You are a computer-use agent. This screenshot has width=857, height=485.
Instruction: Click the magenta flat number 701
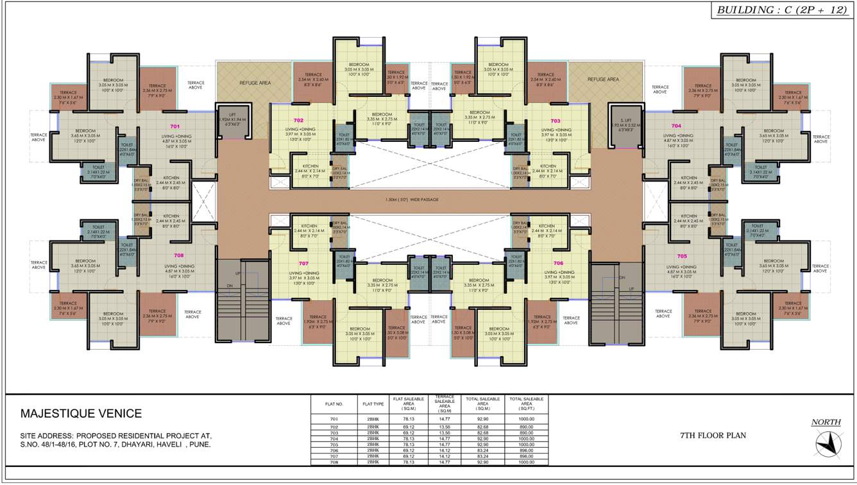pos(175,126)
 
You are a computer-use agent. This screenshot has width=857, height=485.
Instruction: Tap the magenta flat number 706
pos(558,263)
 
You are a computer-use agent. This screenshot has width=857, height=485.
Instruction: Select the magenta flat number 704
pos(676,126)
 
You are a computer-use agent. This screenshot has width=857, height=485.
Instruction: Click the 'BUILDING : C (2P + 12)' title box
pos(782,10)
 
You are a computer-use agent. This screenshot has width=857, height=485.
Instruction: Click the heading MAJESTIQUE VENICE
pos(81,414)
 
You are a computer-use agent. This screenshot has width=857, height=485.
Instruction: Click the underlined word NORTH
pos(826,422)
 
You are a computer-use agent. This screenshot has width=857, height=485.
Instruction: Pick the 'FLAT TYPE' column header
pos(373,404)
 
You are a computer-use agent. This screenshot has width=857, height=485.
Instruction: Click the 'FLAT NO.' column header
pos(334,404)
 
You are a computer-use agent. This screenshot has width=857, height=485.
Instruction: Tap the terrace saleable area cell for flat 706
pos(445,450)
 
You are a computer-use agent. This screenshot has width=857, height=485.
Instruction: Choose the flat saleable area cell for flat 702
pos(409,427)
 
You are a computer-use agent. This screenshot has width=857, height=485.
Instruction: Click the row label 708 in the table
pos(334,462)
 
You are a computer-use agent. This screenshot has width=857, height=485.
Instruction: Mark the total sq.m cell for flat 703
pos(485,432)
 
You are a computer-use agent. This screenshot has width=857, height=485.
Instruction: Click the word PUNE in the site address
pos(199,444)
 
